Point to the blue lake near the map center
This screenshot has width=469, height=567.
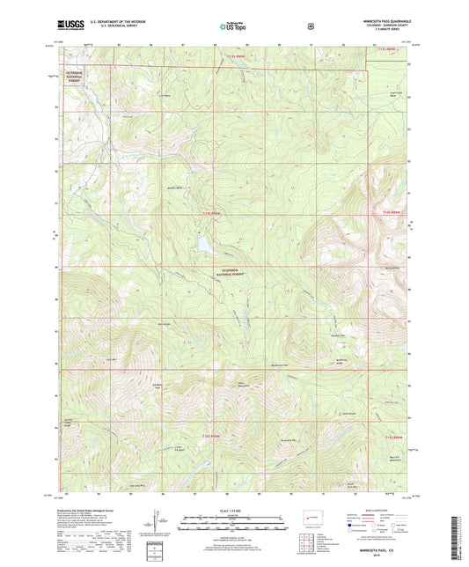pyautogui.click(x=203, y=239)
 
